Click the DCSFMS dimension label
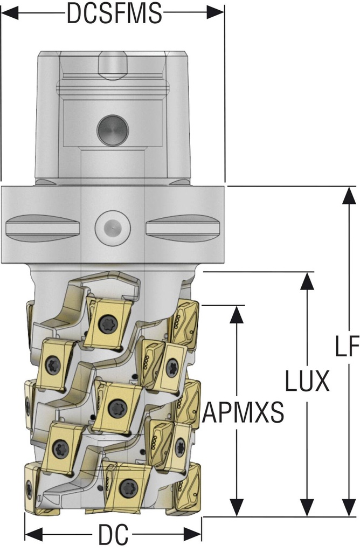click(x=114, y=13)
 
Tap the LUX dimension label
click(x=307, y=382)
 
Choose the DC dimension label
click(x=113, y=535)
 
